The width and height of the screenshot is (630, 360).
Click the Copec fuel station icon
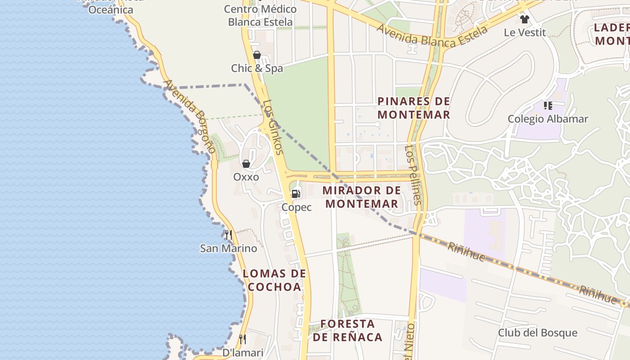pos(296,194)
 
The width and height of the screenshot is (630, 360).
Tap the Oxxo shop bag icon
pos(246,164)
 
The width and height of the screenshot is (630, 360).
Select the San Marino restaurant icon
pos(229,235)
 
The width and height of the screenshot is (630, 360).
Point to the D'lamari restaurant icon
pos(243,339)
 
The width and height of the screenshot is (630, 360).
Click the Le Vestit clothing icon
pos(524,19)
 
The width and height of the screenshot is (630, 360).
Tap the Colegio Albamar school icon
pos(548,106)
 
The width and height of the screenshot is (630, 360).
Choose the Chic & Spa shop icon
pos(257,55)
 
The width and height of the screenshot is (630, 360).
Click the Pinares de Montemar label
pos(414,108)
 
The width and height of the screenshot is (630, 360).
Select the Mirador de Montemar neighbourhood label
pos(362,197)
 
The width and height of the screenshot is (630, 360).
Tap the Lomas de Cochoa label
pos(274,280)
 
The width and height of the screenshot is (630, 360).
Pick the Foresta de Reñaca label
pos(347,330)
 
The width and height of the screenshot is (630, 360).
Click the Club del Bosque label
pos(537,333)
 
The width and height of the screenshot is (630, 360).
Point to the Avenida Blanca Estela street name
pos(432,36)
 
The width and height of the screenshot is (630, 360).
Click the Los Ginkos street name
pos(273,127)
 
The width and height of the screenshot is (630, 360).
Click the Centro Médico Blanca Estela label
pos(260,15)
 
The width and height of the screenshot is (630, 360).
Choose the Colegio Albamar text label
pos(548,119)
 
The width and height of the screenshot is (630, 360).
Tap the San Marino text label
pos(229,248)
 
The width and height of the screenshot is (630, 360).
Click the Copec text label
pos(297,207)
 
